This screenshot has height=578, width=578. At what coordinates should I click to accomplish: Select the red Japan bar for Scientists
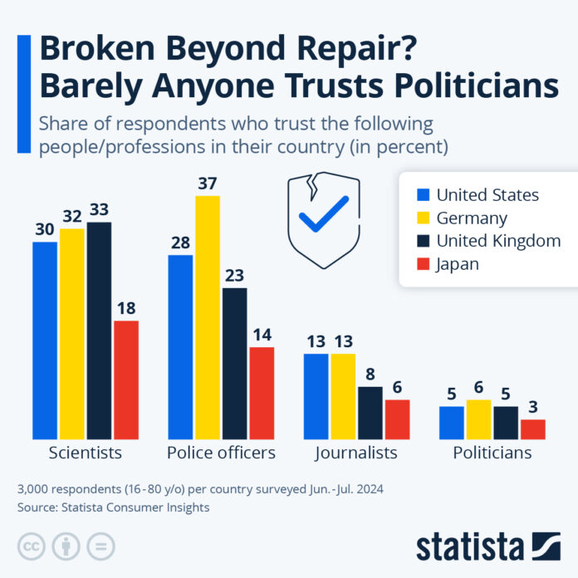(x=126, y=380)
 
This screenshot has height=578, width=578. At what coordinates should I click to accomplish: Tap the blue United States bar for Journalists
(x=316, y=396)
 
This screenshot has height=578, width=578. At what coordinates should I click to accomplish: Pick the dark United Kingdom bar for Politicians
(x=506, y=422)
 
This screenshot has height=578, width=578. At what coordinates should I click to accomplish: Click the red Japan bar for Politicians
(x=533, y=429)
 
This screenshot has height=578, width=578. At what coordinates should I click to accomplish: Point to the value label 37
(x=208, y=183)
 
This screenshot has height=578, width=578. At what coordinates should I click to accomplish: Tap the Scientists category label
(x=86, y=453)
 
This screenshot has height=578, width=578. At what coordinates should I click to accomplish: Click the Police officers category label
(x=221, y=453)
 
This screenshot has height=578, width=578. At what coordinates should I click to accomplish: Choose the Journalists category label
(x=356, y=453)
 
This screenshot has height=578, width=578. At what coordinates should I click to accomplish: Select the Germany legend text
(x=472, y=218)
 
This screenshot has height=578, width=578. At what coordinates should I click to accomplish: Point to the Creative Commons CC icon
(x=32, y=546)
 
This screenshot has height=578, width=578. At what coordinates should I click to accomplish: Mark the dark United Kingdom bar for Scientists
(x=99, y=330)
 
